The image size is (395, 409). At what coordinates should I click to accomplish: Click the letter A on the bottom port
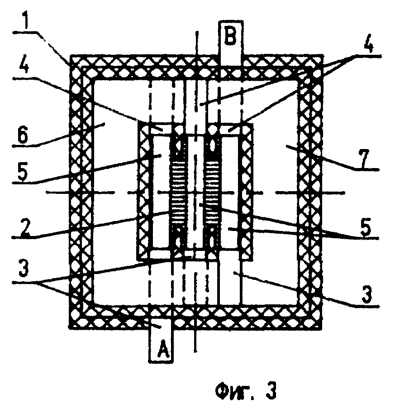click(x=162, y=349)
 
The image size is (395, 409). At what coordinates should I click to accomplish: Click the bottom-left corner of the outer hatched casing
click(x=76, y=320)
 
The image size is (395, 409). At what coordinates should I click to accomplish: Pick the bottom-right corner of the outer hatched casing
click(x=317, y=320)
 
